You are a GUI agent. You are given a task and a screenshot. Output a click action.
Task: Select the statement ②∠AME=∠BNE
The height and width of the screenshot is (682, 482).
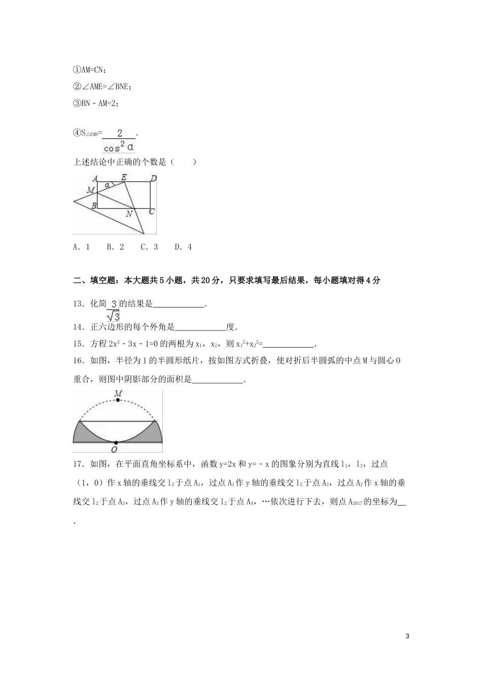click(x=102, y=87)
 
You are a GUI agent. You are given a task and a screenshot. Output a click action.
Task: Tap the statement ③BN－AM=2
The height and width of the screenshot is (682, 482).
click(x=96, y=103)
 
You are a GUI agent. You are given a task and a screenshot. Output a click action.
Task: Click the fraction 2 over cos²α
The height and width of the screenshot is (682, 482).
click(x=119, y=141)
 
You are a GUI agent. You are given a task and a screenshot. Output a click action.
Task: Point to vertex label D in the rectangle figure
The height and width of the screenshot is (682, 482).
click(x=153, y=178)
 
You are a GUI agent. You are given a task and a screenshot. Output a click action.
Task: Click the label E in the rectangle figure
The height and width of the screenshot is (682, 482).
click(x=124, y=177)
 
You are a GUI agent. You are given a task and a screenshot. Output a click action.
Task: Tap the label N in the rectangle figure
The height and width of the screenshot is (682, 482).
click(x=129, y=214)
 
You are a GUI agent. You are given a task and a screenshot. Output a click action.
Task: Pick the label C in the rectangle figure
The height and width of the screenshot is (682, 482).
click(x=151, y=212)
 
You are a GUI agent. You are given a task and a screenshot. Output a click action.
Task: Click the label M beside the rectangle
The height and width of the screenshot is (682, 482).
click(x=91, y=190)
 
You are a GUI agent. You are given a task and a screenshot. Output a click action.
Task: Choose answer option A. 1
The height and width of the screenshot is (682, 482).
click(x=82, y=247)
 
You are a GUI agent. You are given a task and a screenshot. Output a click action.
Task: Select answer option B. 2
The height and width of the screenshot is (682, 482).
click(x=115, y=247)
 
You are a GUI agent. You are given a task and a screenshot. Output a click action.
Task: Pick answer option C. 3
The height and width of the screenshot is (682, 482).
click(x=149, y=247)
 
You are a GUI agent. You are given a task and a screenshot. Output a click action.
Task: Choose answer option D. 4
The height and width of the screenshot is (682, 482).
click(x=183, y=247)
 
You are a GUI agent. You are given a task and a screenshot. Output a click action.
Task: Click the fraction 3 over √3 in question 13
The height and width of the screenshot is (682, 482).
click(x=113, y=310)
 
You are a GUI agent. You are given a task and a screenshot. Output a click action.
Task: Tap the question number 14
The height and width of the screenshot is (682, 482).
click(x=79, y=327)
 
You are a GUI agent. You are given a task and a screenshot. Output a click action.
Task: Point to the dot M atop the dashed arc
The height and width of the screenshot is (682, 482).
click(x=118, y=400)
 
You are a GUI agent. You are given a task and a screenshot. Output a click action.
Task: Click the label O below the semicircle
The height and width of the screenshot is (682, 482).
click(x=115, y=449)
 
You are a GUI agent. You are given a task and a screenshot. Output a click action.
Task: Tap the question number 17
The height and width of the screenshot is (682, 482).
click(x=79, y=464)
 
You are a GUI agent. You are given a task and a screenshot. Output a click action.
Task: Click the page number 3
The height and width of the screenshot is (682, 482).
click(x=408, y=636)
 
